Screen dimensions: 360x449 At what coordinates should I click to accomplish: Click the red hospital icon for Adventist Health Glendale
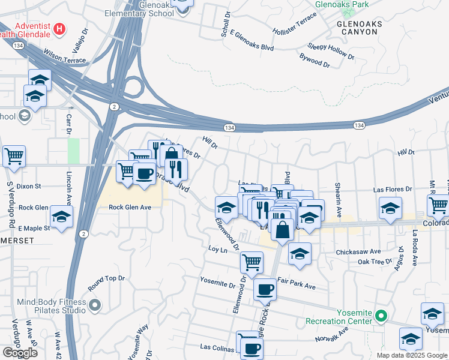pyautogui.click(x=59, y=28)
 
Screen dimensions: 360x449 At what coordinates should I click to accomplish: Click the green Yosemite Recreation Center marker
pyautogui.click(x=379, y=316)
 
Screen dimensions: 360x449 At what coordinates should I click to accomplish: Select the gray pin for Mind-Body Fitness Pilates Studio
pyautogui.click(x=94, y=307)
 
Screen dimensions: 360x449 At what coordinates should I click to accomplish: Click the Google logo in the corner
pyautogui.click(x=20, y=353)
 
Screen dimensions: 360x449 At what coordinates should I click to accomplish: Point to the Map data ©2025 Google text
pyautogui.click(x=411, y=355)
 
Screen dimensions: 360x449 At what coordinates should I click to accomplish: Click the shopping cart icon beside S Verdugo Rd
pyautogui.click(x=14, y=157)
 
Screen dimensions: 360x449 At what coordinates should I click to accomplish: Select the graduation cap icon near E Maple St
pyautogui.click(x=61, y=217)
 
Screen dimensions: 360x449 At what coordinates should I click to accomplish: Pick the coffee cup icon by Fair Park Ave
pyautogui.click(x=265, y=290)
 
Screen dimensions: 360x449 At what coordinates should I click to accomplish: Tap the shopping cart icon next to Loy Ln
pyautogui.click(x=252, y=262)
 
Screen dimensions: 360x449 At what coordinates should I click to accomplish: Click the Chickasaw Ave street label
pyautogui.click(x=359, y=251)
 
